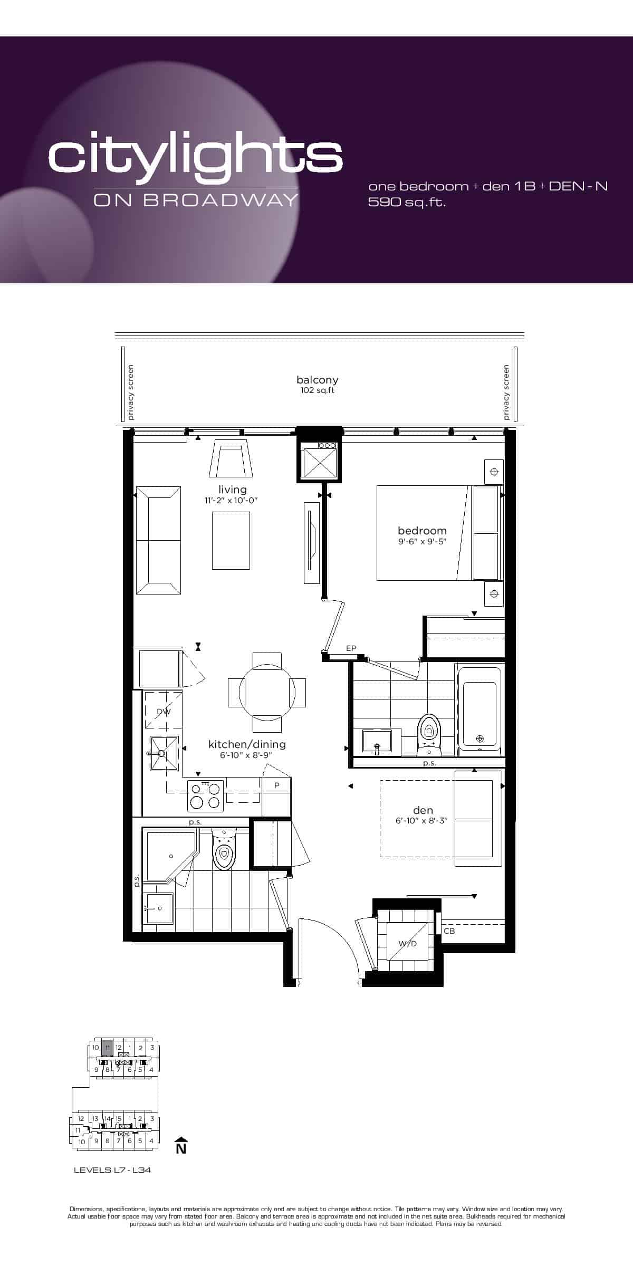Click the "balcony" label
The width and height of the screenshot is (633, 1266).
[x=317, y=380]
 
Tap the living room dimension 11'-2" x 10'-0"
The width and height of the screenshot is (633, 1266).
[x=232, y=501]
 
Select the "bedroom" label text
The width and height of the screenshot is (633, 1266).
[x=422, y=531]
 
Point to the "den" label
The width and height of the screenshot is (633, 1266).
[x=423, y=810]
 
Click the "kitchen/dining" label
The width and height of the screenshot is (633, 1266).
[x=247, y=744]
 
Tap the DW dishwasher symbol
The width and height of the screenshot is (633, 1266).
[x=164, y=711]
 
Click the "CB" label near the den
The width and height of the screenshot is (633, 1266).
[x=449, y=931]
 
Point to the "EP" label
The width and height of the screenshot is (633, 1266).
[x=351, y=648]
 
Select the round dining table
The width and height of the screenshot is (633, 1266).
[x=267, y=692]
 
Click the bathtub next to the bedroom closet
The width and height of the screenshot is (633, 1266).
[x=479, y=709]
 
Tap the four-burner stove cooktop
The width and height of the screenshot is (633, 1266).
[x=206, y=796]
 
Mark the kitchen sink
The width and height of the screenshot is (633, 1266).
[x=164, y=753]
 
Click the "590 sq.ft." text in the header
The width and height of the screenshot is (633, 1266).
[x=407, y=202]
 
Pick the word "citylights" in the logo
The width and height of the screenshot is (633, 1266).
[x=195, y=156]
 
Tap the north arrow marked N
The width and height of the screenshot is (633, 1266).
[x=181, y=1145]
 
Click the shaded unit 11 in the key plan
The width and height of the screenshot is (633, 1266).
[x=107, y=1048]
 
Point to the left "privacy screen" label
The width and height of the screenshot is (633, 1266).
[x=131, y=392]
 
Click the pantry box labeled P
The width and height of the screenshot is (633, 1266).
[x=276, y=796]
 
